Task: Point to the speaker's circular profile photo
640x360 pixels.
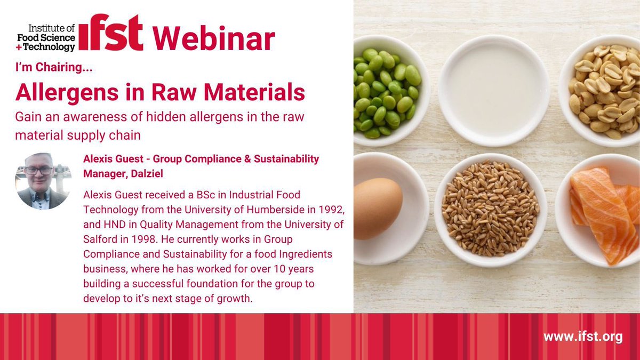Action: click(x=42, y=181)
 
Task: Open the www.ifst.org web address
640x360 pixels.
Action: click(x=583, y=337)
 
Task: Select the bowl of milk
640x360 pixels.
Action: click(x=493, y=90)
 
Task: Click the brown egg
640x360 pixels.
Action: click(x=378, y=208)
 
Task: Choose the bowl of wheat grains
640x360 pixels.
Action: click(x=491, y=207)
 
